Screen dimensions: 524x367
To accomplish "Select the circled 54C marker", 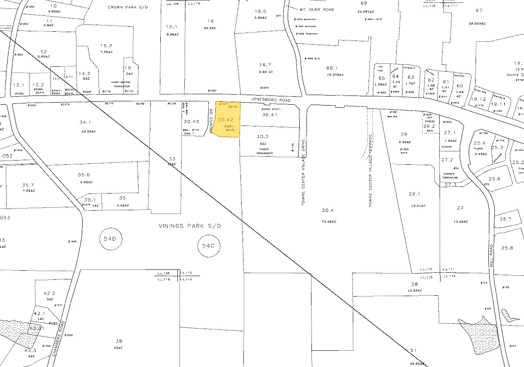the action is pyautogui.click(x=208, y=246).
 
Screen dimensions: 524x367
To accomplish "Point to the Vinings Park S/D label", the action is pyautogui.click(x=189, y=226).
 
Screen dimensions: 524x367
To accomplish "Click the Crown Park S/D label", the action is pyautogui.click(x=123, y=7).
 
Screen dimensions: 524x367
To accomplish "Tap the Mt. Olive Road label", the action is pyautogui.click(x=316, y=9).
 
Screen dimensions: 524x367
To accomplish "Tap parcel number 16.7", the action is pyautogui.click(x=265, y=65).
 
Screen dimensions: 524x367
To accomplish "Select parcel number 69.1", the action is pyautogui.click(x=332, y=68).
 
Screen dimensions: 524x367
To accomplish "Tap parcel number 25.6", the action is pyautogui.click(x=494, y=178).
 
